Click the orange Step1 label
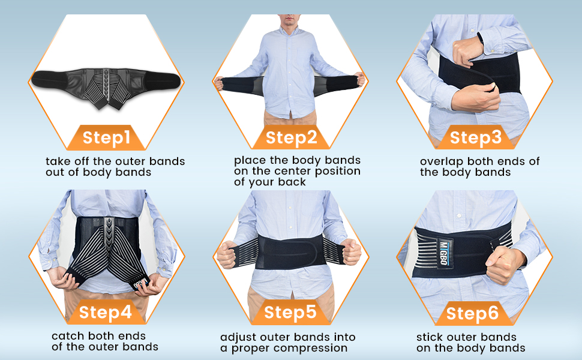tap(106, 137)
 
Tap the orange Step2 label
tap(291, 137)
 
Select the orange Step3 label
tap(475, 137)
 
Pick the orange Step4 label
tap(105, 312)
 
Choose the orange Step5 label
tap(290, 312)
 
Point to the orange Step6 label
tap(472, 313)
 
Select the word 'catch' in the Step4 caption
tap(67, 336)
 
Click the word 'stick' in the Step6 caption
tap(430, 337)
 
